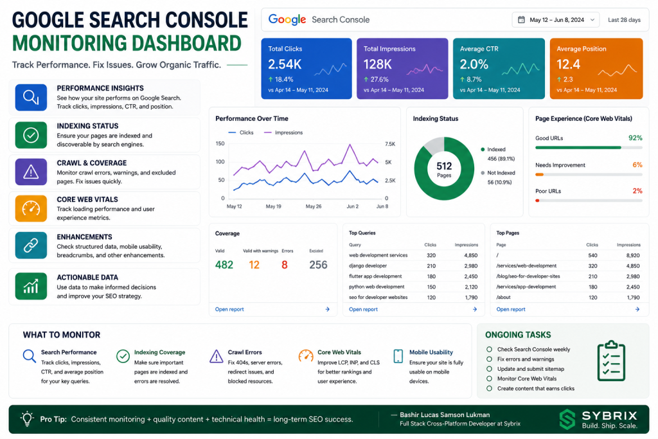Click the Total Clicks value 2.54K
click(285, 64)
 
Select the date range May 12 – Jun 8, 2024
click(556, 20)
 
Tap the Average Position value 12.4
click(568, 64)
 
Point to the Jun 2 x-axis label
click(353, 206)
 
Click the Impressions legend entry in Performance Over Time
click(283, 132)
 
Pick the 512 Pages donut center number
click(444, 166)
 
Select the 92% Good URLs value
click(636, 138)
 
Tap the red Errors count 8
click(285, 265)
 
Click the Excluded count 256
click(318, 265)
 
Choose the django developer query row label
click(368, 265)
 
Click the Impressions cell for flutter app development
click(471, 276)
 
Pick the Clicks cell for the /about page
click(592, 298)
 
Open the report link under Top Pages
click(511, 309)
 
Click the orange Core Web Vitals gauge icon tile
click(31, 208)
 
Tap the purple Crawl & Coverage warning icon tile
click(31, 172)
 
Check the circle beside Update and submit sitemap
click(489, 369)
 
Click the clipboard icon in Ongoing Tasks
click(611, 361)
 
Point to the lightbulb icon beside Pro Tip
click(27, 418)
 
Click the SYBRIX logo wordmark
click(609, 415)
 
